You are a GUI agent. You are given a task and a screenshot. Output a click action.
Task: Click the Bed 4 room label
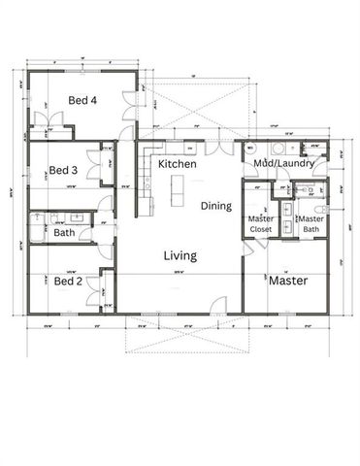tap(82, 100)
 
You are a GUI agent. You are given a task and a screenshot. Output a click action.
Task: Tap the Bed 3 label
tap(64, 169)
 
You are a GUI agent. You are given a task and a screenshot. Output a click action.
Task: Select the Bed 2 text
tap(67, 281)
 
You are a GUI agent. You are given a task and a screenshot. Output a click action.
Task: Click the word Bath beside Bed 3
tap(64, 233)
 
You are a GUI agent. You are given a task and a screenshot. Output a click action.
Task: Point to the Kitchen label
tap(178, 165)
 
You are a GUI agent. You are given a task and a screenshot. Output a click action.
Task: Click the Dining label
tap(216, 206)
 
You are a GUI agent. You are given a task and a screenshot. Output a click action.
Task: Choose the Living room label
tap(180, 256)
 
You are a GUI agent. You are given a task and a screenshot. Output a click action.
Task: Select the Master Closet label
tap(260, 224)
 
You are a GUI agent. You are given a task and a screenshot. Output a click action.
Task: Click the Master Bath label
tap(311, 224)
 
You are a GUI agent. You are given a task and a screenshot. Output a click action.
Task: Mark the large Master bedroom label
tap(288, 281)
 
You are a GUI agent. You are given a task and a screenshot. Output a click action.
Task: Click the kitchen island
tap(178, 192)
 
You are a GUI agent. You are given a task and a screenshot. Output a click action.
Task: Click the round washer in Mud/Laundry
tap(277, 149)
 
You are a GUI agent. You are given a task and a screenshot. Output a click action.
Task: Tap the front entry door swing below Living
tap(221, 306)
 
